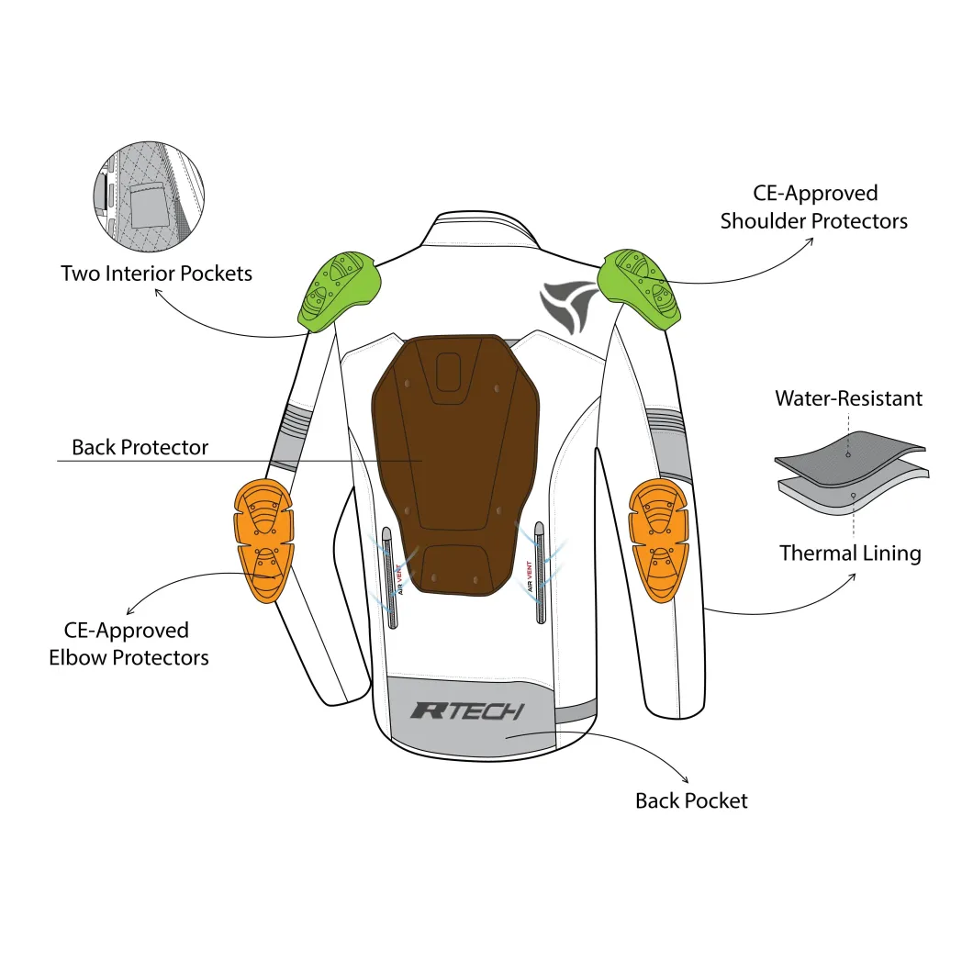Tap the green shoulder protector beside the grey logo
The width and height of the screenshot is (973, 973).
tap(639, 288)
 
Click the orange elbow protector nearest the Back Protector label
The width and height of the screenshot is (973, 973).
tap(263, 540)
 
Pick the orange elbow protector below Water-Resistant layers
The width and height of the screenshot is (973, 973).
tap(658, 540)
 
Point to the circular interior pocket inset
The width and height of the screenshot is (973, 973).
tap(149, 196)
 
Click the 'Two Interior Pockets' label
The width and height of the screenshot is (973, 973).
tap(156, 274)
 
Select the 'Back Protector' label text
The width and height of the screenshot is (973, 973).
tap(140, 447)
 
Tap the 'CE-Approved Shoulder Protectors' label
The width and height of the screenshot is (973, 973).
tap(814, 207)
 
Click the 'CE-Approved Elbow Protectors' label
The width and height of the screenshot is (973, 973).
tap(129, 644)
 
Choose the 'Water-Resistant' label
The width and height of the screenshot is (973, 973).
tap(849, 398)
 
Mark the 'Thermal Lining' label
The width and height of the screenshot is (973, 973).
tap(850, 554)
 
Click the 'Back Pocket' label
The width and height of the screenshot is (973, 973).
tap(691, 801)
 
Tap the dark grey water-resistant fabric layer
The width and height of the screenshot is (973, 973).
tap(850, 459)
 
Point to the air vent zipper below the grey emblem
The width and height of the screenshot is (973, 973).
tap(540, 572)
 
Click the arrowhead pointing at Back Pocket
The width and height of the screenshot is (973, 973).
tap(686, 780)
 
